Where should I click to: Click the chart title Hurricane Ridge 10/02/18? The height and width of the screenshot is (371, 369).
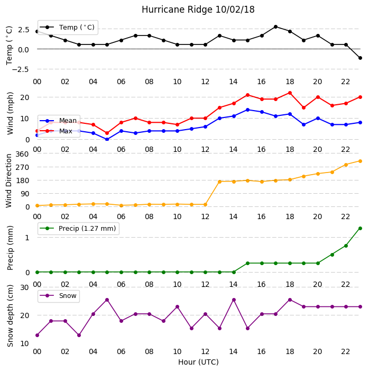(x=198, y=10)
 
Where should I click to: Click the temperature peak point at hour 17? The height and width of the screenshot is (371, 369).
(x=275, y=27)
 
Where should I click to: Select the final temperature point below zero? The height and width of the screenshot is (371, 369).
(x=360, y=58)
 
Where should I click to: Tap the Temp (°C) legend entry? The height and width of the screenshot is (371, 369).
(x=68, y=28)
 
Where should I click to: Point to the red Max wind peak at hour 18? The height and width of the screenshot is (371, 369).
(x=290, y=93)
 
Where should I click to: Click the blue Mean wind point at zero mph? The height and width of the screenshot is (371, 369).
(x=107, y=139)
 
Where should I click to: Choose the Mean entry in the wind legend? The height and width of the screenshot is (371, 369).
(x=58, y=121)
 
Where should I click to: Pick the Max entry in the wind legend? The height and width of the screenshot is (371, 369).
(x=56, y=131)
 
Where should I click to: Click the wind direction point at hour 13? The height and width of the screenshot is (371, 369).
(x=219, y=182)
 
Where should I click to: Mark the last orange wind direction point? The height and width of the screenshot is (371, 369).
(x=360, y=161)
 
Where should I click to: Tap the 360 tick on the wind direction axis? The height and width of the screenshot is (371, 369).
(x=22, y=154)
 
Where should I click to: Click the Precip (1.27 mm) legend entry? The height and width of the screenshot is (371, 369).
(x=78, y=228)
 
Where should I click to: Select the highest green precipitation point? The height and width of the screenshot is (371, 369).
(x=360, y=228)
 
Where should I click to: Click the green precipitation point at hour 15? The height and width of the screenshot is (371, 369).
(x=247, y=263)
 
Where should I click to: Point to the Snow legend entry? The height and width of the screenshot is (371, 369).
(x=58, y=296)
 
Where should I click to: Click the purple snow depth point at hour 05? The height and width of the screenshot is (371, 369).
(x=107, y=300)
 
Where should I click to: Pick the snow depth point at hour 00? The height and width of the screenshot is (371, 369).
(x=37, y=335)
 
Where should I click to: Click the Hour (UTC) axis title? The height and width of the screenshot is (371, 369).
(x=198, y=362)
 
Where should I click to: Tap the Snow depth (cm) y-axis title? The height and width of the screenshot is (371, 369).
(x=10, y=316)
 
